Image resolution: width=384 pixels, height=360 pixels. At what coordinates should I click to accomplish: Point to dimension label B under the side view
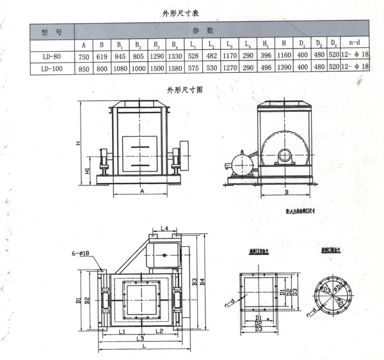286,191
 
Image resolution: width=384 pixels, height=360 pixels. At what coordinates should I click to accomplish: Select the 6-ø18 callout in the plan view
83,254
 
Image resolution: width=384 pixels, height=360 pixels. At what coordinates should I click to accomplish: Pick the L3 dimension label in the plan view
140,338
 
